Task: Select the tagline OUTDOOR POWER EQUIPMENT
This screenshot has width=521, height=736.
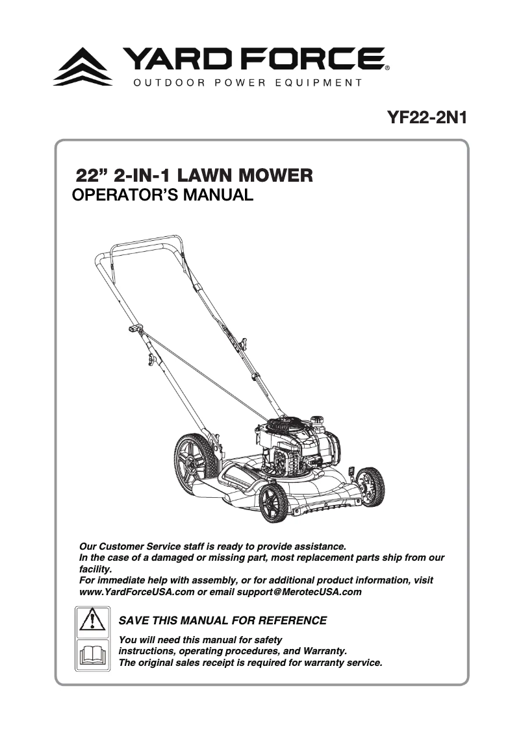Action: [x=248, y=83]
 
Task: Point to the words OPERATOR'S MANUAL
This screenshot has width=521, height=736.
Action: [x=161, y=195]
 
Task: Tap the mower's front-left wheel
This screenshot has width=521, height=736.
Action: [x=273, y=504]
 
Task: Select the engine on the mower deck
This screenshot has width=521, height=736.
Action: [x=296, y=448]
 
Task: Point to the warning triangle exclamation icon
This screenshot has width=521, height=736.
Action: [x=92, y=620]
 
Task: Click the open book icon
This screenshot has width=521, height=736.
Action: [x=92, y=654]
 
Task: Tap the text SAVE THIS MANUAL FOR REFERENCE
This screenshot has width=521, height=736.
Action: [x=223, y=621]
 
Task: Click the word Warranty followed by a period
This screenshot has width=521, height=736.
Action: [x=325, y=651]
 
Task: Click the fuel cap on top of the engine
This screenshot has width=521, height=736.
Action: [x=316, y=419]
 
